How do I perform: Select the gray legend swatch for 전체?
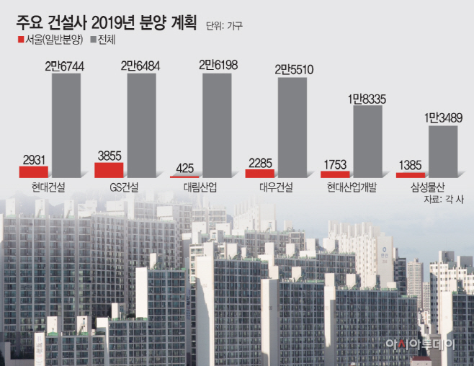(93, 39)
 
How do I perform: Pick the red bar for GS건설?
(109, 169)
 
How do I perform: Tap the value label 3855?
(109, 155)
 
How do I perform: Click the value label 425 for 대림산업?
(184, 168)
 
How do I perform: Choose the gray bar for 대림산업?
(218, 125)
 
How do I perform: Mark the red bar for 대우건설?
(259, 173)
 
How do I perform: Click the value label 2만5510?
(292, 70)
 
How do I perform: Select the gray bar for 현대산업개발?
(367, 141)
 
